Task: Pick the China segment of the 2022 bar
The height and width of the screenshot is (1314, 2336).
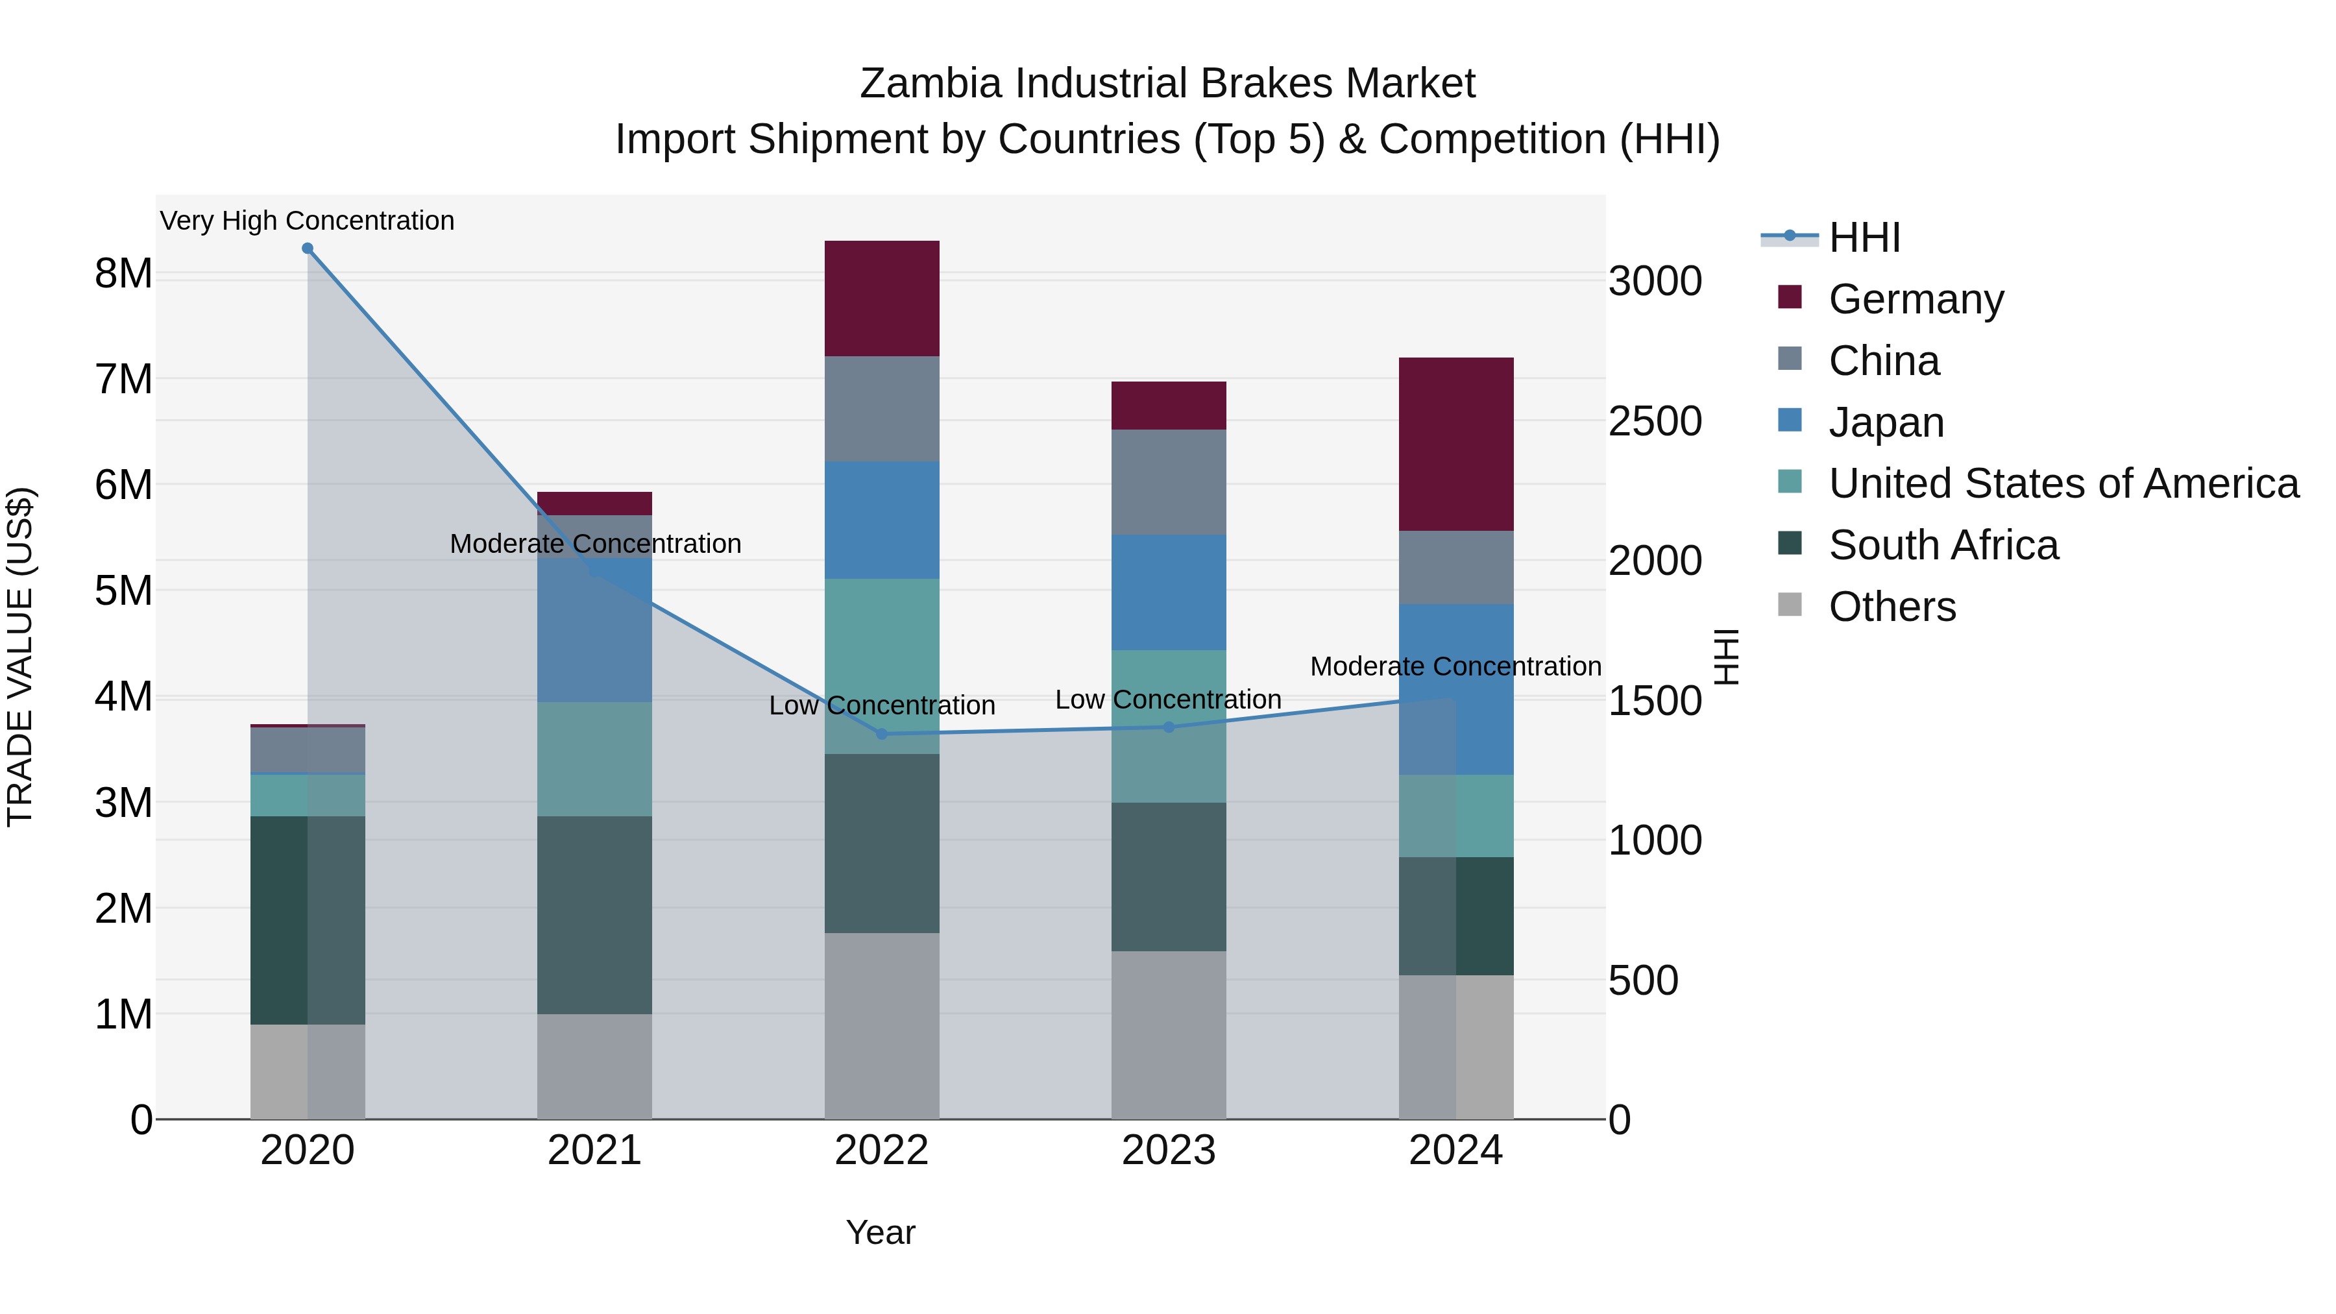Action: [881, 408]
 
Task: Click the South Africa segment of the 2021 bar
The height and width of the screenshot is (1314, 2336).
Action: [594, 914]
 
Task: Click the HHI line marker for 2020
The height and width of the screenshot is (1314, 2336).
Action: [308, 249]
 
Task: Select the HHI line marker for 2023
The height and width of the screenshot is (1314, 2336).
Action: [1168, 726]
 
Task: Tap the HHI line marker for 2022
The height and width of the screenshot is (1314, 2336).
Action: [881, 734]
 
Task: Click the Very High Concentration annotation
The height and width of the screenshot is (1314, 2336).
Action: [308, 221]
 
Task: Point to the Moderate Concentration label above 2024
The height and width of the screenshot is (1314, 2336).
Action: [1455, 666]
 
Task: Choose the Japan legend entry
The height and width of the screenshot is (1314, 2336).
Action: [1886, 422]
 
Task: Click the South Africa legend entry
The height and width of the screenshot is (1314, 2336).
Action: [1943, 545]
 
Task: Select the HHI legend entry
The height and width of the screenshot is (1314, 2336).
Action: [1864, 237]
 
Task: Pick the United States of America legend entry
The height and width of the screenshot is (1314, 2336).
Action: [2063, 483]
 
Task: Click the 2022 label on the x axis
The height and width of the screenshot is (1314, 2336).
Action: [881, 1150]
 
